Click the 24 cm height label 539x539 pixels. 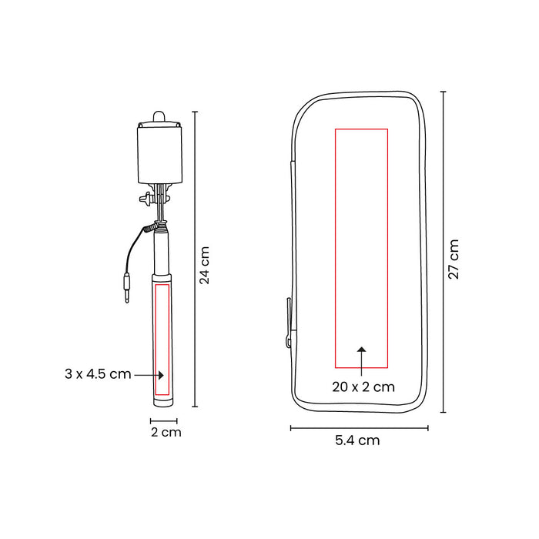[x=205, y=265]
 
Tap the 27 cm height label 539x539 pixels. [x=454, y=259]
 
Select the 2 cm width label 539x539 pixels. [x=166, y=432]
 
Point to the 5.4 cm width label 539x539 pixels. [x=357, y=440]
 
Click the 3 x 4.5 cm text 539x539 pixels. [x=98, y=373]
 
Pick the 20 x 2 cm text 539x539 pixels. [x=363, y=387]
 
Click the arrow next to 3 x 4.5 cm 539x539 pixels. [x=149, y=375]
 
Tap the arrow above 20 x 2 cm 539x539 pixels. [x=361, y=361]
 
